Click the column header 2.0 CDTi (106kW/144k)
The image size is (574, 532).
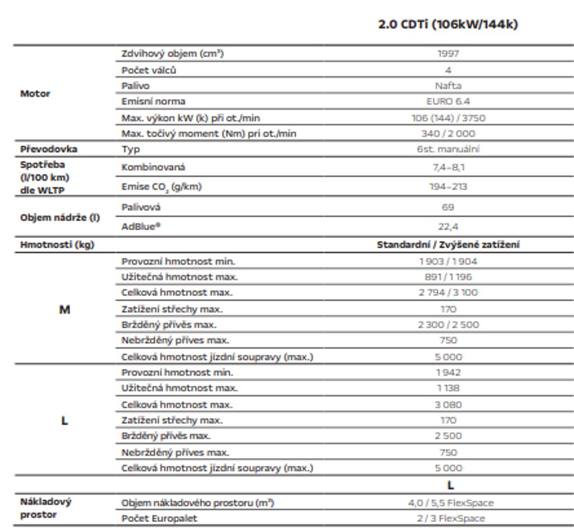[448, 25]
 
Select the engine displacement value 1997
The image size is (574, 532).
[448, 54]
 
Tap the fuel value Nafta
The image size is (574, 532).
[448, 86]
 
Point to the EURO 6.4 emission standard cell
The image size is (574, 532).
[448, 101]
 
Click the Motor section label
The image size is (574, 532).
[35, 94]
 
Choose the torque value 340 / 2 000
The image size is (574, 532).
[448, 133]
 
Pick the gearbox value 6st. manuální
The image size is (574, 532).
[448, 149]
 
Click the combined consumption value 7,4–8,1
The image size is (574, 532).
[448, 167]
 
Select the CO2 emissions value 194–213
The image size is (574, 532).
[448, 186]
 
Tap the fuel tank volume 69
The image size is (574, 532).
[448, 207]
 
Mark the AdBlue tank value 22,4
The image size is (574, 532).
[448, 227]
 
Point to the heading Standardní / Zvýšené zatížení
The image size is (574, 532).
[448, 245]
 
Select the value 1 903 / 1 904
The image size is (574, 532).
[448, 261]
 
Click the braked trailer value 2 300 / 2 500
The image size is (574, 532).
[448, 325]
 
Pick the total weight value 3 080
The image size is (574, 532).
[448, 404]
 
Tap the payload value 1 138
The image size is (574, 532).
[448, 388]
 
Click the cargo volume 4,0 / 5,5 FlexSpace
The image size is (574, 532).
[451, 503]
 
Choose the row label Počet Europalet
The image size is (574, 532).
[159, 519]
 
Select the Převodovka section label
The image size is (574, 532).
[49, 149]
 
